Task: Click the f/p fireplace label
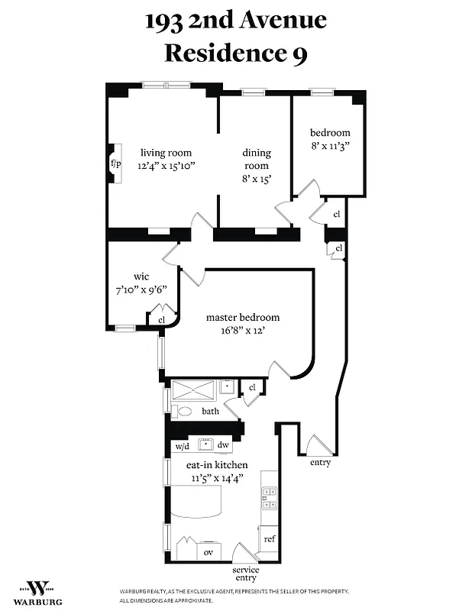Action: coord(116,163)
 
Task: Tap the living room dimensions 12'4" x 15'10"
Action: coord(165,165)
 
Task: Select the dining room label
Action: coord(257,160)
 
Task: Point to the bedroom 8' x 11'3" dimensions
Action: coord(329,144)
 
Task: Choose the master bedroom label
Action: coord(243,317)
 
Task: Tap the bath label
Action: coord(210,411)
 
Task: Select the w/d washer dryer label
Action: coord(182,445)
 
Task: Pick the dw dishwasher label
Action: coord(224,445)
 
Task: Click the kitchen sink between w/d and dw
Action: coord(204,445)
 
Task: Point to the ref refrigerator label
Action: coord(269,538)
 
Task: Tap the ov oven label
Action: coord(208,551)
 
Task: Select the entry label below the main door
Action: coord(320,463)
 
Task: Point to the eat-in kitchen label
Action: coord(218,464)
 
